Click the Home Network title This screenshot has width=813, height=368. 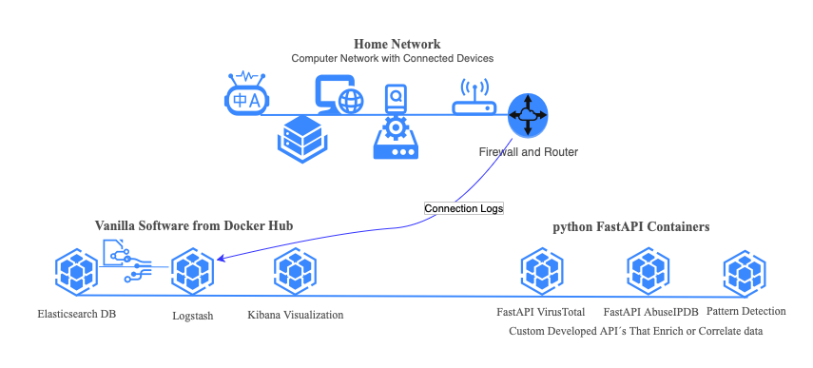pos(397,44)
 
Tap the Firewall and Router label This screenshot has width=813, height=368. pos(528,152)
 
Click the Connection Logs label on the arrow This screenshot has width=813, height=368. pos(463,208)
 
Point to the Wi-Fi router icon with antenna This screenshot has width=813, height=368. pos(473,98)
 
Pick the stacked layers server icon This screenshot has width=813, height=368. pos(300,137)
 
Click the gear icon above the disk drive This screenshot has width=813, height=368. pos(395,128)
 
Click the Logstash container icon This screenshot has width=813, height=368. pos(193,274)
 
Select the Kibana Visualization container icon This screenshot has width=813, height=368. pos(296,274)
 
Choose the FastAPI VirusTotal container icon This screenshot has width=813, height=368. pos(542,274)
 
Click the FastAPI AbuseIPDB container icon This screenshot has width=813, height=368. pos(648,274)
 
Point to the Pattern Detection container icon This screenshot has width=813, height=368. pos(745,274)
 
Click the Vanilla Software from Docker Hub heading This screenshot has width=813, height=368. pos(193,226)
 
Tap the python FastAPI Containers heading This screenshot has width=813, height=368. pos(631,227)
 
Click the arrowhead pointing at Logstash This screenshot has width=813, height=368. pos(222,259)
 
